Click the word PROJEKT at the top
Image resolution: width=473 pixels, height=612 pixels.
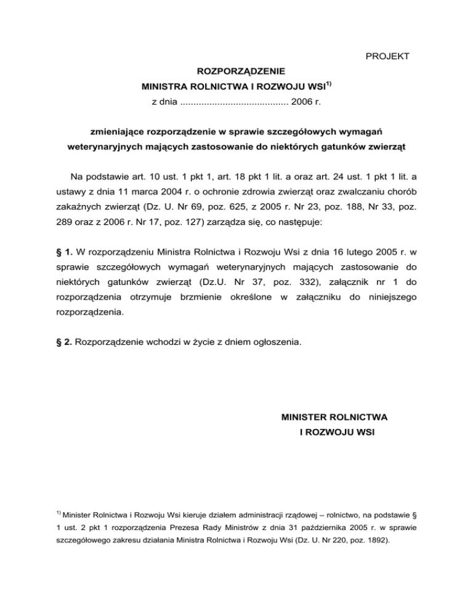388,57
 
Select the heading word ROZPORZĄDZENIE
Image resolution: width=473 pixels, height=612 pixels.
236,73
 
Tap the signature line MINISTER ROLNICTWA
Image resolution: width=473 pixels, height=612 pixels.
339,417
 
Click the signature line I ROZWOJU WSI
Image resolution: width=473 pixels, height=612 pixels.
339,433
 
